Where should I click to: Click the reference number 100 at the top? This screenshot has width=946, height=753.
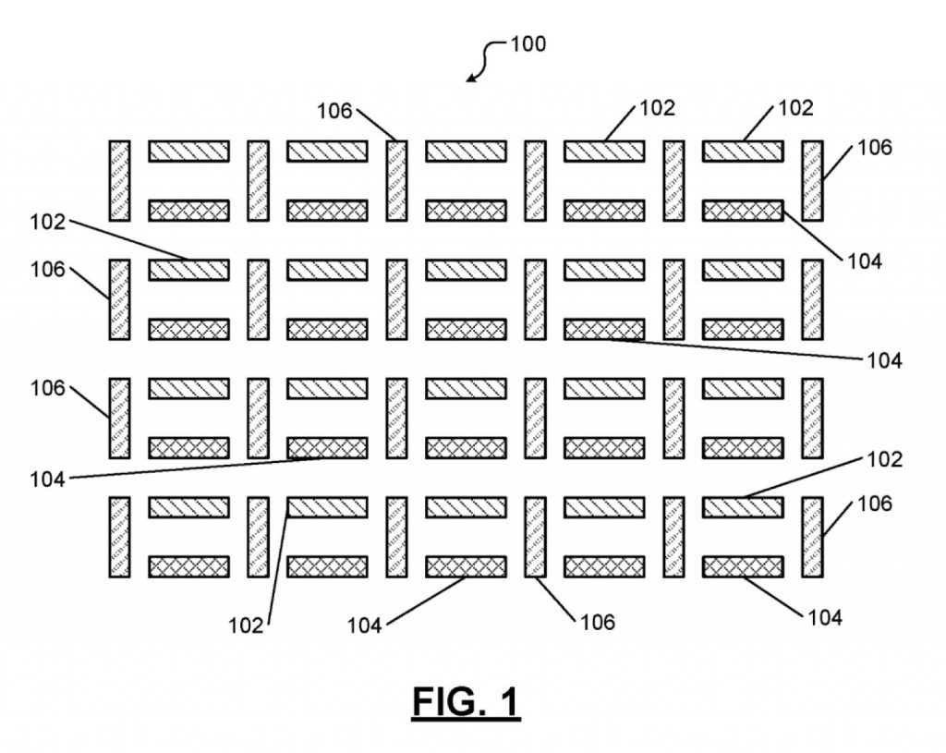pos(528,44)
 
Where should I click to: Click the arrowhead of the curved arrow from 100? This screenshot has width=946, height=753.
pos(471,78)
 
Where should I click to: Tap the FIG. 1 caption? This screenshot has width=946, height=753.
pos(466,701)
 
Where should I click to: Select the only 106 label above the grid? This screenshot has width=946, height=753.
pos(334,111)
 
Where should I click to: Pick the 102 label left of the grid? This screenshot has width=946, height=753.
pos(48,222)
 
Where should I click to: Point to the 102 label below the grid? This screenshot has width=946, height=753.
pos(246,625)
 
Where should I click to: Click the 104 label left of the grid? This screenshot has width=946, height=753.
pos(48,480)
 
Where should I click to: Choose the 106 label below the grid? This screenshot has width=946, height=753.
pos(598,622)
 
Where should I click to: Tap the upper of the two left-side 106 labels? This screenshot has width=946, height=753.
pos(48,270)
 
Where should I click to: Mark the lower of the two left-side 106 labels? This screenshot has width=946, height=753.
pos(48,389)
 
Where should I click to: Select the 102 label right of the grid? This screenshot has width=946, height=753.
pos(884,460)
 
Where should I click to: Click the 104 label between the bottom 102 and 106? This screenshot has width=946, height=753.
pos(364,625)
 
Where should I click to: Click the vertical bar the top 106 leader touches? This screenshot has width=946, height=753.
pos(397,181)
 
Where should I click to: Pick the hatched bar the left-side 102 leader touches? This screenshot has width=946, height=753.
pos(188,270)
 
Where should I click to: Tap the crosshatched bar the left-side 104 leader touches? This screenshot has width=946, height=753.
pos(327,448)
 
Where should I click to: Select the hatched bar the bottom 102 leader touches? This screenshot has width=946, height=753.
pos(327,507)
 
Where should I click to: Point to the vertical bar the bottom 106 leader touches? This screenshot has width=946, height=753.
pos(535,537)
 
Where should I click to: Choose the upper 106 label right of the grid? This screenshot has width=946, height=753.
pos(875,147)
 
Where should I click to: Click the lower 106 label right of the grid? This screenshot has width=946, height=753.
pos(875,504)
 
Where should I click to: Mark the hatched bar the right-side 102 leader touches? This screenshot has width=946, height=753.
pos(743,507)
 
